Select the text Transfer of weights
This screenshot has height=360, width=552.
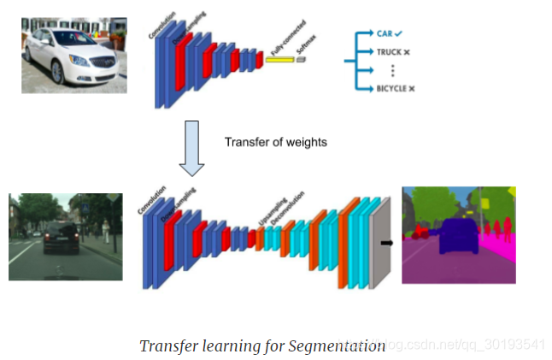click(275, 142)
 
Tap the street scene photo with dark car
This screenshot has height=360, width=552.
click(65, 237)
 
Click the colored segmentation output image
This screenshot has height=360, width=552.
click(459, 235)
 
